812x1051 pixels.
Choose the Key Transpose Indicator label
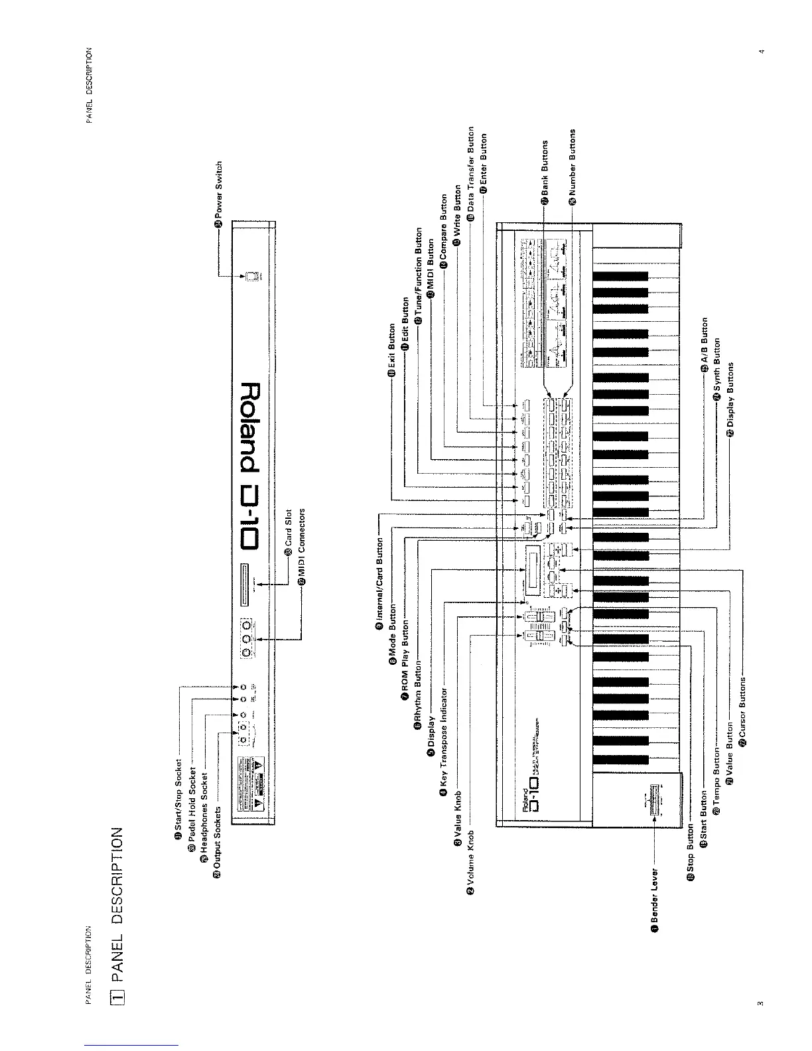444,739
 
